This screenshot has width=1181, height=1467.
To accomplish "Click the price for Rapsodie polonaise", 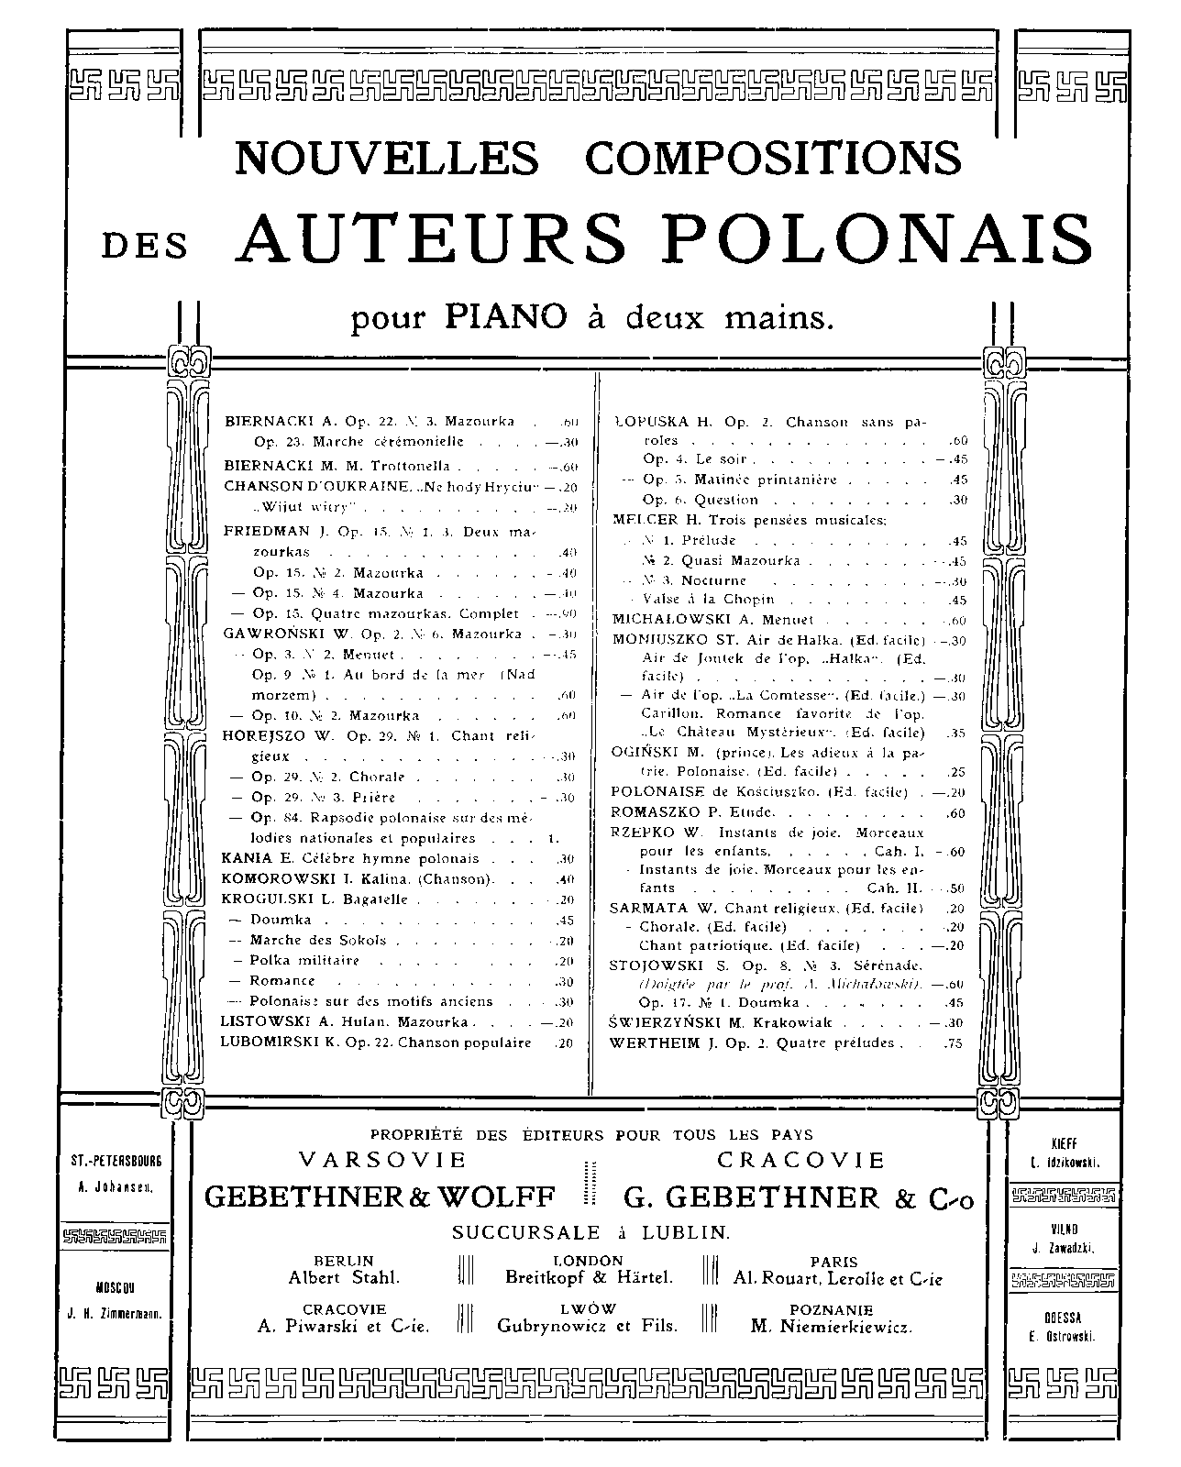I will (x=552, y=838).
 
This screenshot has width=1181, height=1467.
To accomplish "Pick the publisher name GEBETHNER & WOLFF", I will (x=380, y=1197).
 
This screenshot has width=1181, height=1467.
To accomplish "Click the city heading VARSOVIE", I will (x=383, y=1160).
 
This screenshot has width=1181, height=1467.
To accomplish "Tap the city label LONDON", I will (x=589, y=1261).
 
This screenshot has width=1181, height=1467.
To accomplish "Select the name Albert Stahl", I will (x=344, y=1277).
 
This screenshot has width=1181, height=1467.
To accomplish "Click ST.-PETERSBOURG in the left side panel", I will (x=116, y=1161).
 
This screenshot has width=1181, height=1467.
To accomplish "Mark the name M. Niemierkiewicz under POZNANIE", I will (x=831, y=1326).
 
